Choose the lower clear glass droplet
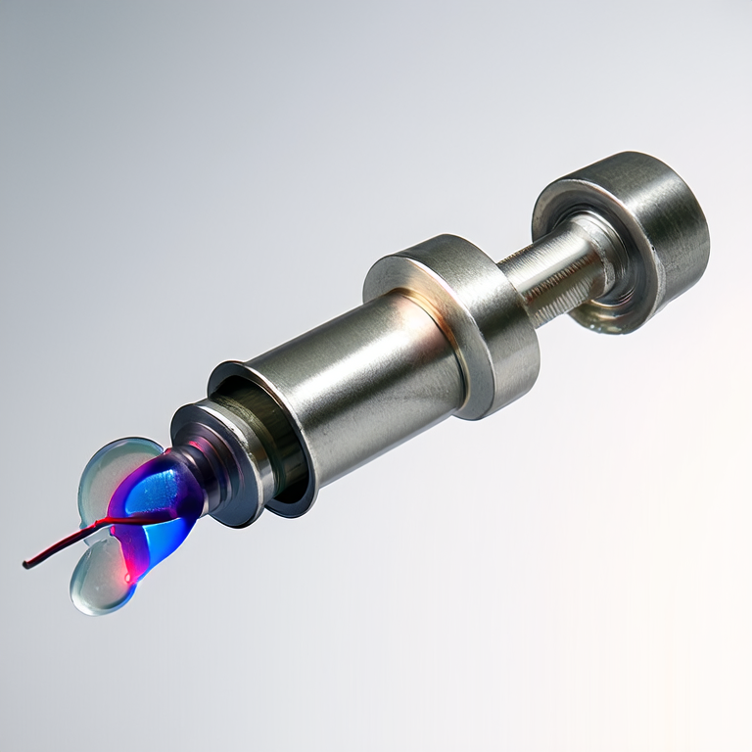coord(98,583)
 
